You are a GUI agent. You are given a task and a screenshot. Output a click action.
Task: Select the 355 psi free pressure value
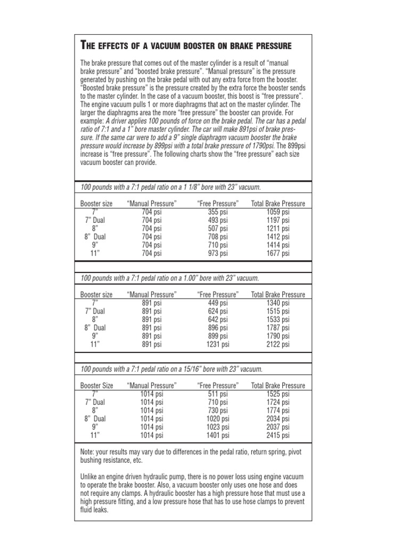(217, 212)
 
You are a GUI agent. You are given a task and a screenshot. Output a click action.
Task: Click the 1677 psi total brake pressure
(278, 253)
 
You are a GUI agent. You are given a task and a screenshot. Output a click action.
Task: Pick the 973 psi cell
(217, 253)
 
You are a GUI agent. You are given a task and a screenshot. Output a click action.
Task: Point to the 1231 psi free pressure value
(217, 344)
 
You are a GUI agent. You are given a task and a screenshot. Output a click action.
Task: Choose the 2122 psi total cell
(278, 344)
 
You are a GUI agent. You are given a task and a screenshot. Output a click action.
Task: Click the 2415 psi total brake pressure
(278, 436)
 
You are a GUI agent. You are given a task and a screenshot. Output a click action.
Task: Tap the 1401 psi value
(217, 436)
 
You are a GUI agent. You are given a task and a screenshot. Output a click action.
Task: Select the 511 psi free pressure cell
(217, 394)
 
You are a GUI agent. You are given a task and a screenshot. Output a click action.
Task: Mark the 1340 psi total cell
(278, 303)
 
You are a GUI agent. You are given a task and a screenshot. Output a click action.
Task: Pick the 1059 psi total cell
(278, 212)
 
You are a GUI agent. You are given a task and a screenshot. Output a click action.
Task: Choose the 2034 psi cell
(278, 419)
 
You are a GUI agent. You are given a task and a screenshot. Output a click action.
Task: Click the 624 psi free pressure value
(217, 311)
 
